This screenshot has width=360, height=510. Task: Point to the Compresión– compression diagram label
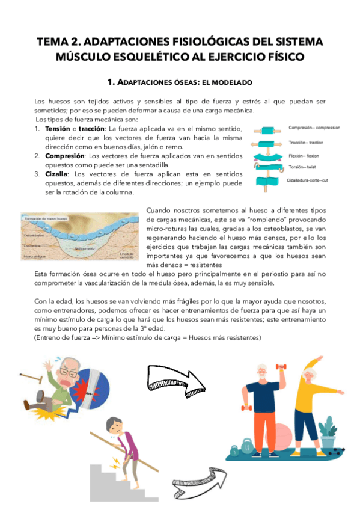[x=314, y=128]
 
